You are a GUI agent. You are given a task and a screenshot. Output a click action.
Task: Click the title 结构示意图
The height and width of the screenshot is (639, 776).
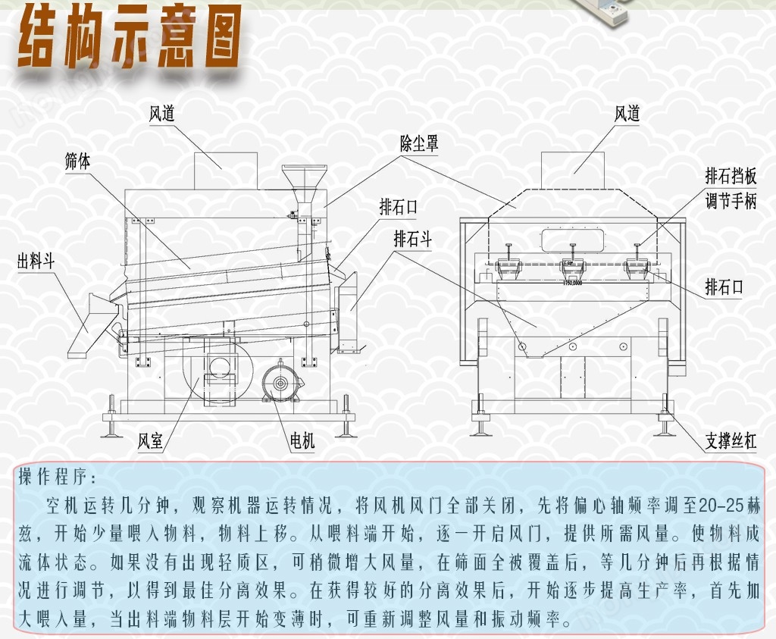[130, 37]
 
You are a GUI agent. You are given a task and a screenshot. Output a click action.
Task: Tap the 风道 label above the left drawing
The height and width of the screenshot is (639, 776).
[162, 114]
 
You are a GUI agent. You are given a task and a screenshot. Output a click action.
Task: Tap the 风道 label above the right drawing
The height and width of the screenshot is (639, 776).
[627, 114]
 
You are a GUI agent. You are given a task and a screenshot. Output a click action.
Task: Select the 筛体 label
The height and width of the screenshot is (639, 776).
[77, 161]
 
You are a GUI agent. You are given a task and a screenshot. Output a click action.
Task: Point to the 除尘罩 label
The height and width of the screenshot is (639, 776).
[418, 143]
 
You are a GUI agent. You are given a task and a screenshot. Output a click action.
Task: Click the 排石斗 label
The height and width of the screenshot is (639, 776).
[412, 239]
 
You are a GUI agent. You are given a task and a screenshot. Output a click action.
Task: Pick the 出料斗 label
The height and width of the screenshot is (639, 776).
[36, 260]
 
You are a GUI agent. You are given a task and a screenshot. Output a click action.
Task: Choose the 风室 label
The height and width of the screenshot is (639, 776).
[150, 440]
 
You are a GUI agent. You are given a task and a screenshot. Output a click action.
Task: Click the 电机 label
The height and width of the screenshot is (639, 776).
[302, 440]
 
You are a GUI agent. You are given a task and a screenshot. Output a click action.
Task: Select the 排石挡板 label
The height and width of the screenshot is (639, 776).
[731, 176]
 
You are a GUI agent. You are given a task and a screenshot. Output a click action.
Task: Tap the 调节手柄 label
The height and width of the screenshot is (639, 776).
[731, 202]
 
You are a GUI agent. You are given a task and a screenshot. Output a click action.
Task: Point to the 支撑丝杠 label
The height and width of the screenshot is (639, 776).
[731, 440]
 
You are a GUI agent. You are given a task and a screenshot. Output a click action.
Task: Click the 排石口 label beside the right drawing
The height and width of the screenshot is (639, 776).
[724, 287]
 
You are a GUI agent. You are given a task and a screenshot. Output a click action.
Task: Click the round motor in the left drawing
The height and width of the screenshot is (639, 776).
[280, 384]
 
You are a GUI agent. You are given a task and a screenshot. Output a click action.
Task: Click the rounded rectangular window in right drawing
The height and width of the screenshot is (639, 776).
[572, 240]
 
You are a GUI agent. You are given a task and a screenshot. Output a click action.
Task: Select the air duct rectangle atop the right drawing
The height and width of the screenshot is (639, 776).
[573, 171]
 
